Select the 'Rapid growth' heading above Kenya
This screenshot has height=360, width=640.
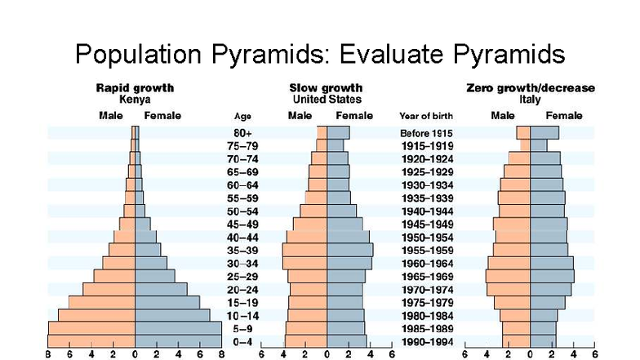click(135, 87)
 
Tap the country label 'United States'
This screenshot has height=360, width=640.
click(327, 99)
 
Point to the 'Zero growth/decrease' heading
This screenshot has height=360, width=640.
click(530, 87)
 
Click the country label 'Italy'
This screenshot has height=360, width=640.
click(530, 99)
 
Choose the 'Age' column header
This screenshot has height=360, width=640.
click(243, 116)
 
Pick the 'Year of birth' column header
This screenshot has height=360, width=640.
click(426, 116)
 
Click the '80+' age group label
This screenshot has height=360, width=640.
click(243, 132)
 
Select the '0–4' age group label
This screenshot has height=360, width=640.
click(243, 341)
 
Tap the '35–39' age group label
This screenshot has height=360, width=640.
click(243, 250)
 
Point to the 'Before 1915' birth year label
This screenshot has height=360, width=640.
click(426, 132)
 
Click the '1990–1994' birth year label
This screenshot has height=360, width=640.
click(426, 341)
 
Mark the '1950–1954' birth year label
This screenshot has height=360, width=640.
click(426, 237)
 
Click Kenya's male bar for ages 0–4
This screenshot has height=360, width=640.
click(91, 340)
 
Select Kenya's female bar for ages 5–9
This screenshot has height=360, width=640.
click(177, 327)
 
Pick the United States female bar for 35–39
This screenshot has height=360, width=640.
click(349, 250)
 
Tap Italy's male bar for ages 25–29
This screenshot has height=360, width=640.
click(508, 276)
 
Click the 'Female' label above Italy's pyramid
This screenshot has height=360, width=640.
click(564, 115)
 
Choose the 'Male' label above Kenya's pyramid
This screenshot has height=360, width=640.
click(111, 115)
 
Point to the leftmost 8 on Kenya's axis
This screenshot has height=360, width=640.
click(48, 354)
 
